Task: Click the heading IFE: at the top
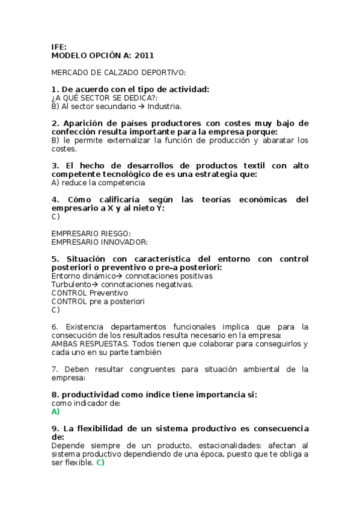coord(59,46)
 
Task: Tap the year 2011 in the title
coord(144,55)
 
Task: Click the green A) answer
coord(56,412)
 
